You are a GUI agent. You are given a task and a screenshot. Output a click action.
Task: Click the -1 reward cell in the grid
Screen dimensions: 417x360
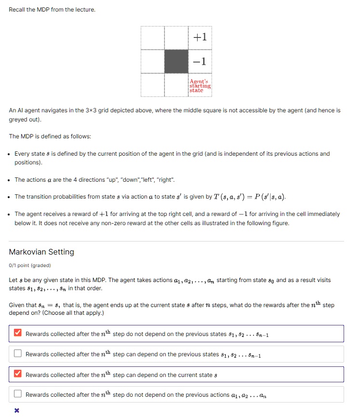(200, 61)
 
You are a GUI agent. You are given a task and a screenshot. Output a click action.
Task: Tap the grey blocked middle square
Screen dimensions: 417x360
(176, 61)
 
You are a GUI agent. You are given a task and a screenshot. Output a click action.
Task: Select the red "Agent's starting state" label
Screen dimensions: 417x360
(200, 85)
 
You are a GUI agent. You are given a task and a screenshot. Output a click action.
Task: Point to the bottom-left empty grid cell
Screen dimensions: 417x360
(153, 85)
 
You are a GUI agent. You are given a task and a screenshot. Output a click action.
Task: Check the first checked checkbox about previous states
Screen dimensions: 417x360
(18, 333)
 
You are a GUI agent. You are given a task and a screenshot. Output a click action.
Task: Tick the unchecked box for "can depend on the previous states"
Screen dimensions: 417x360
(18, 354)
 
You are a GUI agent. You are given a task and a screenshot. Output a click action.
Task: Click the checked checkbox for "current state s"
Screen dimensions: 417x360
(18, 374)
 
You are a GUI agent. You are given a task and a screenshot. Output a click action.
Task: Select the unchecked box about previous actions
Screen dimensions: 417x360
(18, 394)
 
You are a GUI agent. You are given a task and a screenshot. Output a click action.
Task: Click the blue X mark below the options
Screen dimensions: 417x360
(17, 410)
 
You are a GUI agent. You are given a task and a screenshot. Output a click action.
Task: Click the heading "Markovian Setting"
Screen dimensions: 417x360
(41, 252)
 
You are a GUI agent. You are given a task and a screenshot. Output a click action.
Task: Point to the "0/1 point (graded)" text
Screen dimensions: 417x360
(30, 265)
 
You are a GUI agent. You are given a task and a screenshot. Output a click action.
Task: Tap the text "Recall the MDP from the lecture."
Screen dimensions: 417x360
(52, 10)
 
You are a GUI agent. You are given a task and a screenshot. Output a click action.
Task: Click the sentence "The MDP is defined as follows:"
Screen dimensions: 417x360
(50, 136)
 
